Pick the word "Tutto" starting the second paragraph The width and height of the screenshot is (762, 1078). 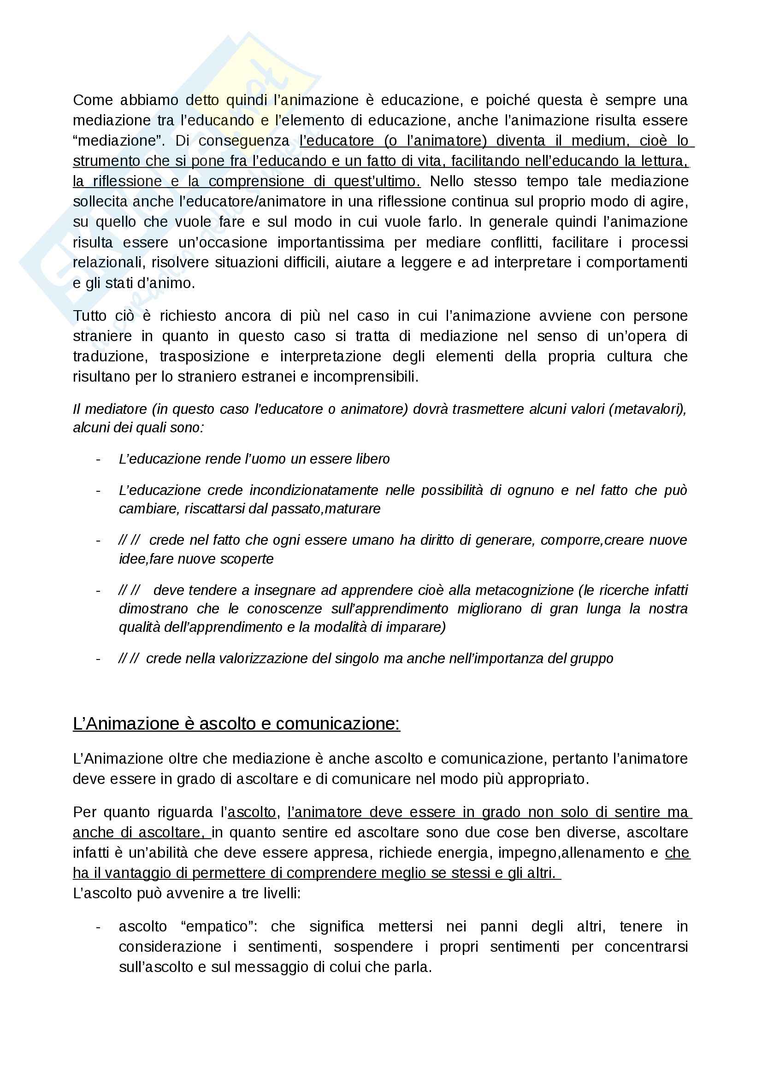click(90, 316)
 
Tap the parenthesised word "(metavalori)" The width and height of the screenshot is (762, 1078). click(647, 409)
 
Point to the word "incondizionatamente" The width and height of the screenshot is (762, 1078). click(313, 490)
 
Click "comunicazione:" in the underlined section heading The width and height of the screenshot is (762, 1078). click(337, 724)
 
